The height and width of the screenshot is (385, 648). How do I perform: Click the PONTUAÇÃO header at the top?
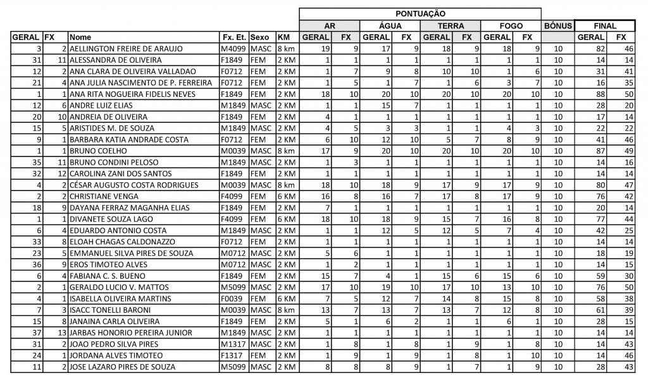(x=420, y=13)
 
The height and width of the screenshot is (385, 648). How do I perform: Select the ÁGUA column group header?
(x=390, y=26)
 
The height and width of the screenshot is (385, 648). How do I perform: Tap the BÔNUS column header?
(x=558, y=26)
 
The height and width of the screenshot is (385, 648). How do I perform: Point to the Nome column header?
(x=80, y=37)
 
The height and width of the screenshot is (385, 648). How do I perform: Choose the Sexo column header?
(x=261, y=37)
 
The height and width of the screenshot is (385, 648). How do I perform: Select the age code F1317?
(x=232, y=357)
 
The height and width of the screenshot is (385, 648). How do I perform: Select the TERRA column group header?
(x=451, y=26)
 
